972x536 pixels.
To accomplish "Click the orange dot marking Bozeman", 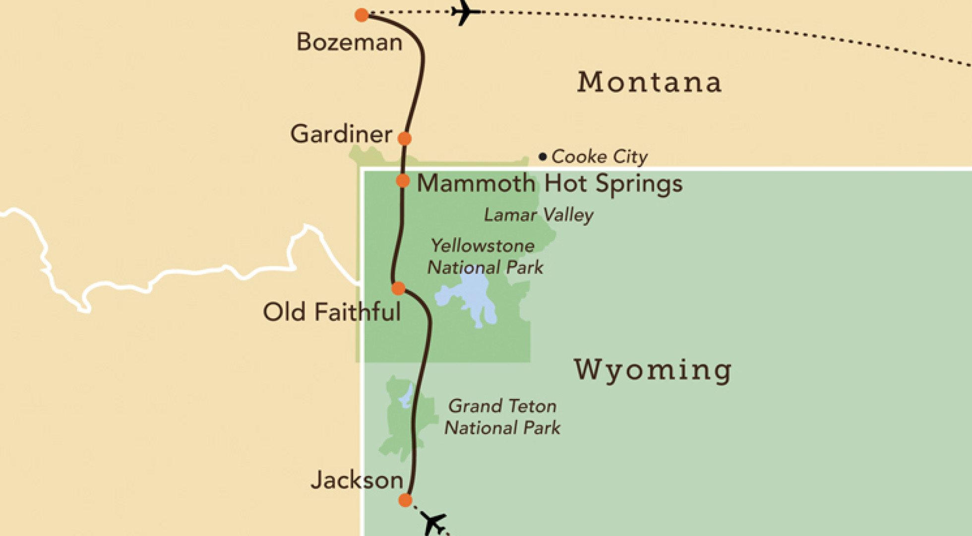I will (x=362, y=15).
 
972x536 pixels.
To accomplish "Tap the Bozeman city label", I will (x=349, y=42).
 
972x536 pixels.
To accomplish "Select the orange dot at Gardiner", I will (x=405, y=138).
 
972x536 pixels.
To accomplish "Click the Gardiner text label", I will (x=341, y=134).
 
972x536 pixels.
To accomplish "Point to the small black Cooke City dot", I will (x=543, y=157).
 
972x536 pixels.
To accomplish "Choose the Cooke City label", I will (x=600, y=157).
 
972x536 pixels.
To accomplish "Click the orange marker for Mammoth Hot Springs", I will (x=403, y=181).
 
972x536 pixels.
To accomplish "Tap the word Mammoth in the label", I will (x=476, y=184).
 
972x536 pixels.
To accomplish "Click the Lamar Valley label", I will (x=539, y=215).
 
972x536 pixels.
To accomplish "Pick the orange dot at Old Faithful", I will (x=398, y=288).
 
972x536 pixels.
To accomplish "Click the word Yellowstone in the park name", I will (x=483, y=246).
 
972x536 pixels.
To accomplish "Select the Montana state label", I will (x=649, y=82).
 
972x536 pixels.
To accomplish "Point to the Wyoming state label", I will (x=653, y=370).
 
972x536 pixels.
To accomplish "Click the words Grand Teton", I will (x=502, y=406).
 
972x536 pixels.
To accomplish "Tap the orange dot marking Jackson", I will (x=405, y=500).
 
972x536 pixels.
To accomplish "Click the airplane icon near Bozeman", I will (x=465, y=12).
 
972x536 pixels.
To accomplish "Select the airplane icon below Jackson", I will (x=433, y=523).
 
